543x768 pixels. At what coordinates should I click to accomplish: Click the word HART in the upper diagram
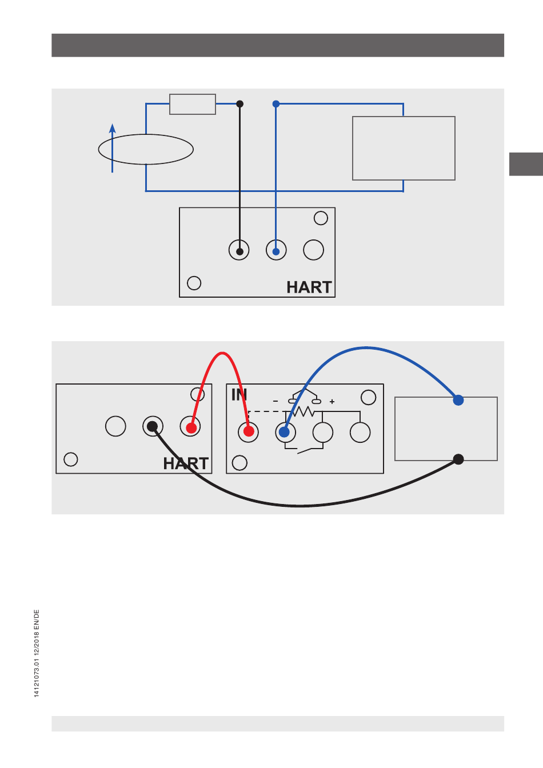[x=309, y=287]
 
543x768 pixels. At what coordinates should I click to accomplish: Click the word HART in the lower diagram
[x=185, y=463]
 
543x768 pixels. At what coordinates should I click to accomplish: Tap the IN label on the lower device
[x=239, y=395]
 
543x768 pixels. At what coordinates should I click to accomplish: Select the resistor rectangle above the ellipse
[x=193, y=105]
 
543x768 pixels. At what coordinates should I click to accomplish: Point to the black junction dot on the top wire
[x=240, y=104]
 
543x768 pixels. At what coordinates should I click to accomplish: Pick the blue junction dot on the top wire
[x=276, y=104]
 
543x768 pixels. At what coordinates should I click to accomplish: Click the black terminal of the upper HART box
[x=239, y=251]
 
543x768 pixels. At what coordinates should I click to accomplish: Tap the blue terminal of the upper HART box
[x=276, y=251]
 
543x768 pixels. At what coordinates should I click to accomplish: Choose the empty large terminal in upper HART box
[x=313, y=250]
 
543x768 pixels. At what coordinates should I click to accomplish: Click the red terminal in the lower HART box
[x=191, y=427]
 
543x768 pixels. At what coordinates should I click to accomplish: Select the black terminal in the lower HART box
[x=153, y=426]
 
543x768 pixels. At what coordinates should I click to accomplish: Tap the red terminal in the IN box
[x=249, y=431]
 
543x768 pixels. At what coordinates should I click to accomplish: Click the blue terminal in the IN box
[x=285, y=432]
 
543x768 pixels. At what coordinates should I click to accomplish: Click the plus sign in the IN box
[x=332, y=402]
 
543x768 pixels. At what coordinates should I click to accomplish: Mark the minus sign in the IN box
[x=276, y=402]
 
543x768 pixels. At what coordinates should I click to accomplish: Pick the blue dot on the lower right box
[x=458, y=400]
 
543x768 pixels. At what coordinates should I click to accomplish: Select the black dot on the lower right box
[x=458, y=459]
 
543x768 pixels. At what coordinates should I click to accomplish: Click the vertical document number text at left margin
[x=37, y=653]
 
